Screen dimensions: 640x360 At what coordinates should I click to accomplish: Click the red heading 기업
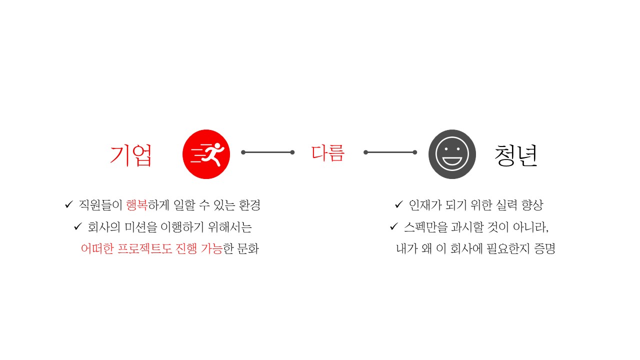pos(131,155)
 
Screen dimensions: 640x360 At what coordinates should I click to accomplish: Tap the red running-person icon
pos(206,154)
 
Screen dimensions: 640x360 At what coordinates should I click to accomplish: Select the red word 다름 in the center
pos(328,153)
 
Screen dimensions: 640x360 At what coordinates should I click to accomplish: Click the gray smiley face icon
pos(452,154)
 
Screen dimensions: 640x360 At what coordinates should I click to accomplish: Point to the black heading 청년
pos(516,155)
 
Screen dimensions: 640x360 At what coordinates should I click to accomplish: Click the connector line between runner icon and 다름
pos(267,152)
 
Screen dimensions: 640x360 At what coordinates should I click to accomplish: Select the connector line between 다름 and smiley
pos(390,152)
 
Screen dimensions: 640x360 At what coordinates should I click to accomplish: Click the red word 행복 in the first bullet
pos(137,205)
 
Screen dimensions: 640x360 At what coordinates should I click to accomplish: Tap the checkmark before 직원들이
pos(69,204)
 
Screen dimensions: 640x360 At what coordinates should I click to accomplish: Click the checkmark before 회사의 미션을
pos(78,226)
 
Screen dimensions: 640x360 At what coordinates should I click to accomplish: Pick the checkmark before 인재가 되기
pos(399,204)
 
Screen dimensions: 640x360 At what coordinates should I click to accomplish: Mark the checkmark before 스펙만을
pos(393,226)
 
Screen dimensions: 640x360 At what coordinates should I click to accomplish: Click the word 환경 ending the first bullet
pos(249,205)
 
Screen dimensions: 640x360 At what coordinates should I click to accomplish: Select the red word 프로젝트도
pos(144,249)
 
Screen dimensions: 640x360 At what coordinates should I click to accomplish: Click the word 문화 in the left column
pos(248,249)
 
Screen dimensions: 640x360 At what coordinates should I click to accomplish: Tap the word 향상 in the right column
pos(532,205)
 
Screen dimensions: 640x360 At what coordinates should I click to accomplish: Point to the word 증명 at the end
pos(544,249)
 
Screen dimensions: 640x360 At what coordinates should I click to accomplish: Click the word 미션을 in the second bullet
pos(141,227)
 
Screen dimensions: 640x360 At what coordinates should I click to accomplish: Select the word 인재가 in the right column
pos(425,205)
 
